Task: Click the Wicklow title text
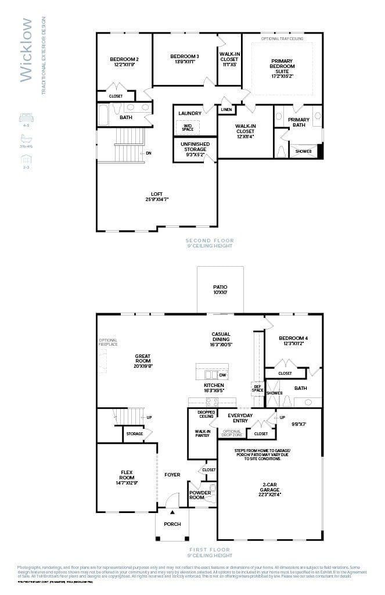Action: (x=26, y=50)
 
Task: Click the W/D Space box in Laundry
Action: (x=188, y=127)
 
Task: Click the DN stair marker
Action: (x=148, y=153)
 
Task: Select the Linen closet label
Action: (x=226, y=109)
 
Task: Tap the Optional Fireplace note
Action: (x=108, y=342)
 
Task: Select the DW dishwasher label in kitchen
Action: (x=222, y=375)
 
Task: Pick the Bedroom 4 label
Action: (x=293, y=340)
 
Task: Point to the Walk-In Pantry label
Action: (x=203, y=433)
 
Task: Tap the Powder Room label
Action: (x=200, y=494)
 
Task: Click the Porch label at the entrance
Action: (x=172, y=524)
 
